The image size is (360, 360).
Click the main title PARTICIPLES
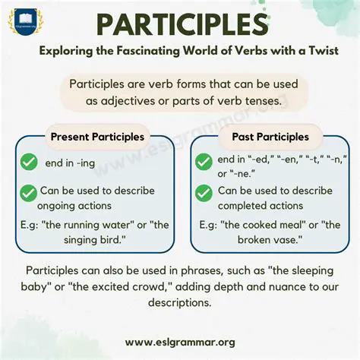tap(179, 24)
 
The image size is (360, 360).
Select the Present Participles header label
tap(96, 137)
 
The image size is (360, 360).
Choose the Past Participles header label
tap(263, 137)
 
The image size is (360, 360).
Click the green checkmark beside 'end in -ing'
tap(28, 162)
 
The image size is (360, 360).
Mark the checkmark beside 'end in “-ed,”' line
tap(204, 162)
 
